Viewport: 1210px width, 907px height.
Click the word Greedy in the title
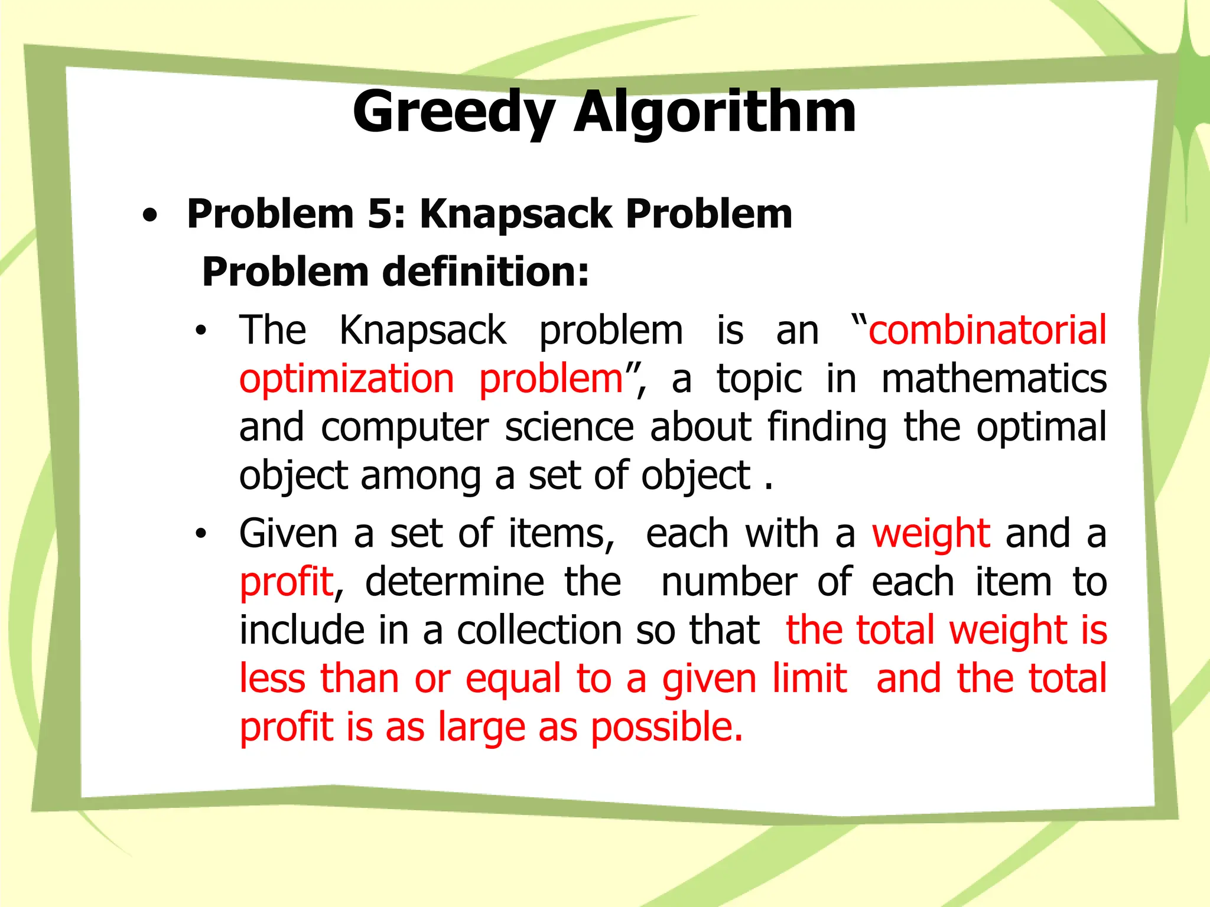coord(454,112)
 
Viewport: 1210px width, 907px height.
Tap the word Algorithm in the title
coord(714,112)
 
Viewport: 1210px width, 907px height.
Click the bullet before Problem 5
coord(151,216)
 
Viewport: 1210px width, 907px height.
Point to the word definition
coord(485,272)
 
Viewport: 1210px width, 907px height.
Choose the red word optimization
coord(347,379)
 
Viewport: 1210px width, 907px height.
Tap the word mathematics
coord(994,379)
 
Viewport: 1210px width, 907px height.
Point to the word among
coord(421,475)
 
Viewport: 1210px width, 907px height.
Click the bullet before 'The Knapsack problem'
coord(201,331)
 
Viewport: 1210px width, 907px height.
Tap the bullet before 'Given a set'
coord(201,534)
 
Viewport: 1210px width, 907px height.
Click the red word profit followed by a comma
coord(287,582)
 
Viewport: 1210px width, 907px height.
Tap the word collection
coord(538,630)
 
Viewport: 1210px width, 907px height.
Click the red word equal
coord(513,679)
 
